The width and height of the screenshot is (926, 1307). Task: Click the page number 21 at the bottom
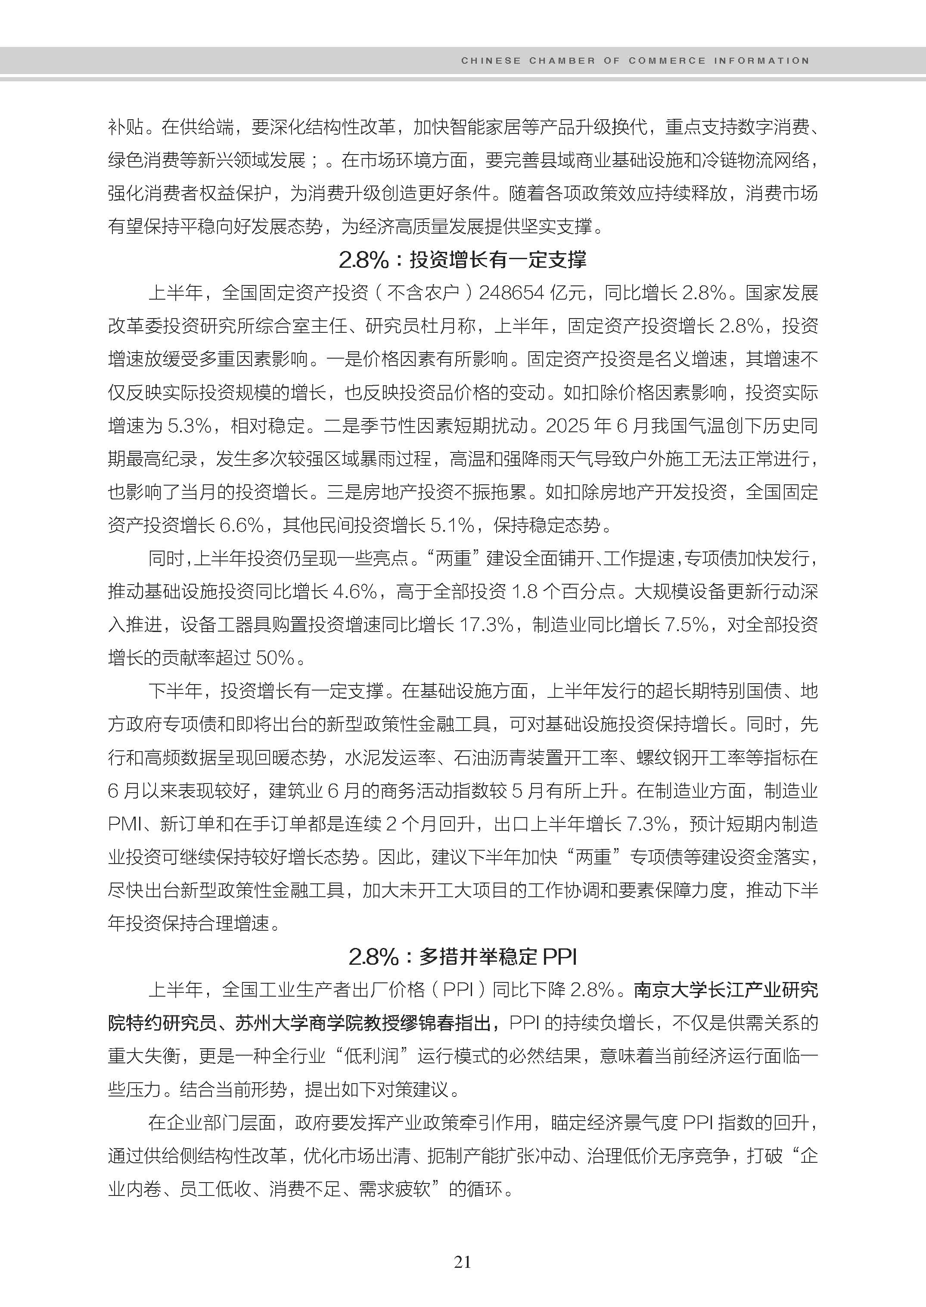[463, 1262]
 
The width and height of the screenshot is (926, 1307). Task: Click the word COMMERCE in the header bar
[667, 60]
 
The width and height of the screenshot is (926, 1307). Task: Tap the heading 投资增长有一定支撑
[498, 260]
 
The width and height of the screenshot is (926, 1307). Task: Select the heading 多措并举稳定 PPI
[498, 957]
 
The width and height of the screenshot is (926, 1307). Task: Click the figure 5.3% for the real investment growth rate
[190, 426]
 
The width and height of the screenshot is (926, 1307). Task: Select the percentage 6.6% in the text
[241, 525]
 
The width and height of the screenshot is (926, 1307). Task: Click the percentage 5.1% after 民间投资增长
[452, 525]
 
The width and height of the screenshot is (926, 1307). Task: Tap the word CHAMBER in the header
[562, 60]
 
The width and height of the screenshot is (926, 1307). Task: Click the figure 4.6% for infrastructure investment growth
[354, 592]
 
